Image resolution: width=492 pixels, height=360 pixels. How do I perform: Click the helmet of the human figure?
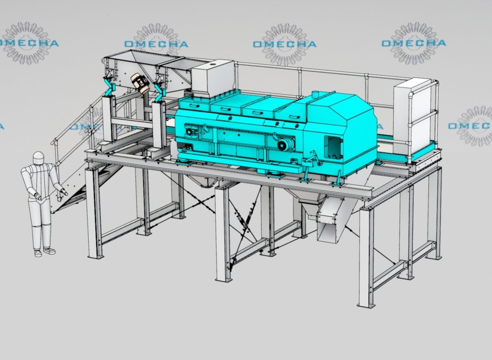(38, 158)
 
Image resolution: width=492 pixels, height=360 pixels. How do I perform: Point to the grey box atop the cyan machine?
(212, 78)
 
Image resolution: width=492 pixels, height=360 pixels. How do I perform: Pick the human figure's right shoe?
(50, 251)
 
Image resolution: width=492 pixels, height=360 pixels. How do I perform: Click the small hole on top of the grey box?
(212, 65)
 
